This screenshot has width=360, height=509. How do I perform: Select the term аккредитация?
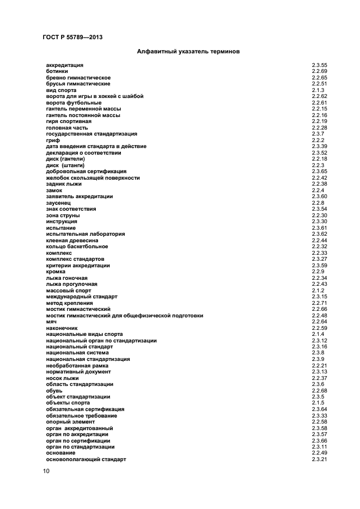pyautogui.click(x=64, y=65)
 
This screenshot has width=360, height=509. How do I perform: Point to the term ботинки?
pyautogui.click(x=57, y=71)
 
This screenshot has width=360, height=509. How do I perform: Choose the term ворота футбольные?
pyautogui.click(x=74, y=103)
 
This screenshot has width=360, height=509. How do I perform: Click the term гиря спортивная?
pyautogui.click(x=69, y=121)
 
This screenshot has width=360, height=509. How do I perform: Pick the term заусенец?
pyautogui.click(x=58, y=203)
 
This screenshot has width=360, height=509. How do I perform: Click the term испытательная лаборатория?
pyautogui.click(x=86, y=234)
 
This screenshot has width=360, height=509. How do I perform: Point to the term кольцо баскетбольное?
pyautogui.click(x=77, y=247)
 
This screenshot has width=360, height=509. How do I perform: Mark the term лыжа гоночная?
pyautogui.click(x=67, y=278)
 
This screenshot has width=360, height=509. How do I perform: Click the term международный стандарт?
pyautogui.click(x=82, y=297)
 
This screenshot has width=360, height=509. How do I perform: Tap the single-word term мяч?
pyautogui.click(x=52, y=322)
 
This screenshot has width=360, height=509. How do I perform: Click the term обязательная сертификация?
pyautogui.click(x=85, y=409)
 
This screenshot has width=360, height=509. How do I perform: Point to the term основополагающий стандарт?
pyautogui.click(x=86, y=459)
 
